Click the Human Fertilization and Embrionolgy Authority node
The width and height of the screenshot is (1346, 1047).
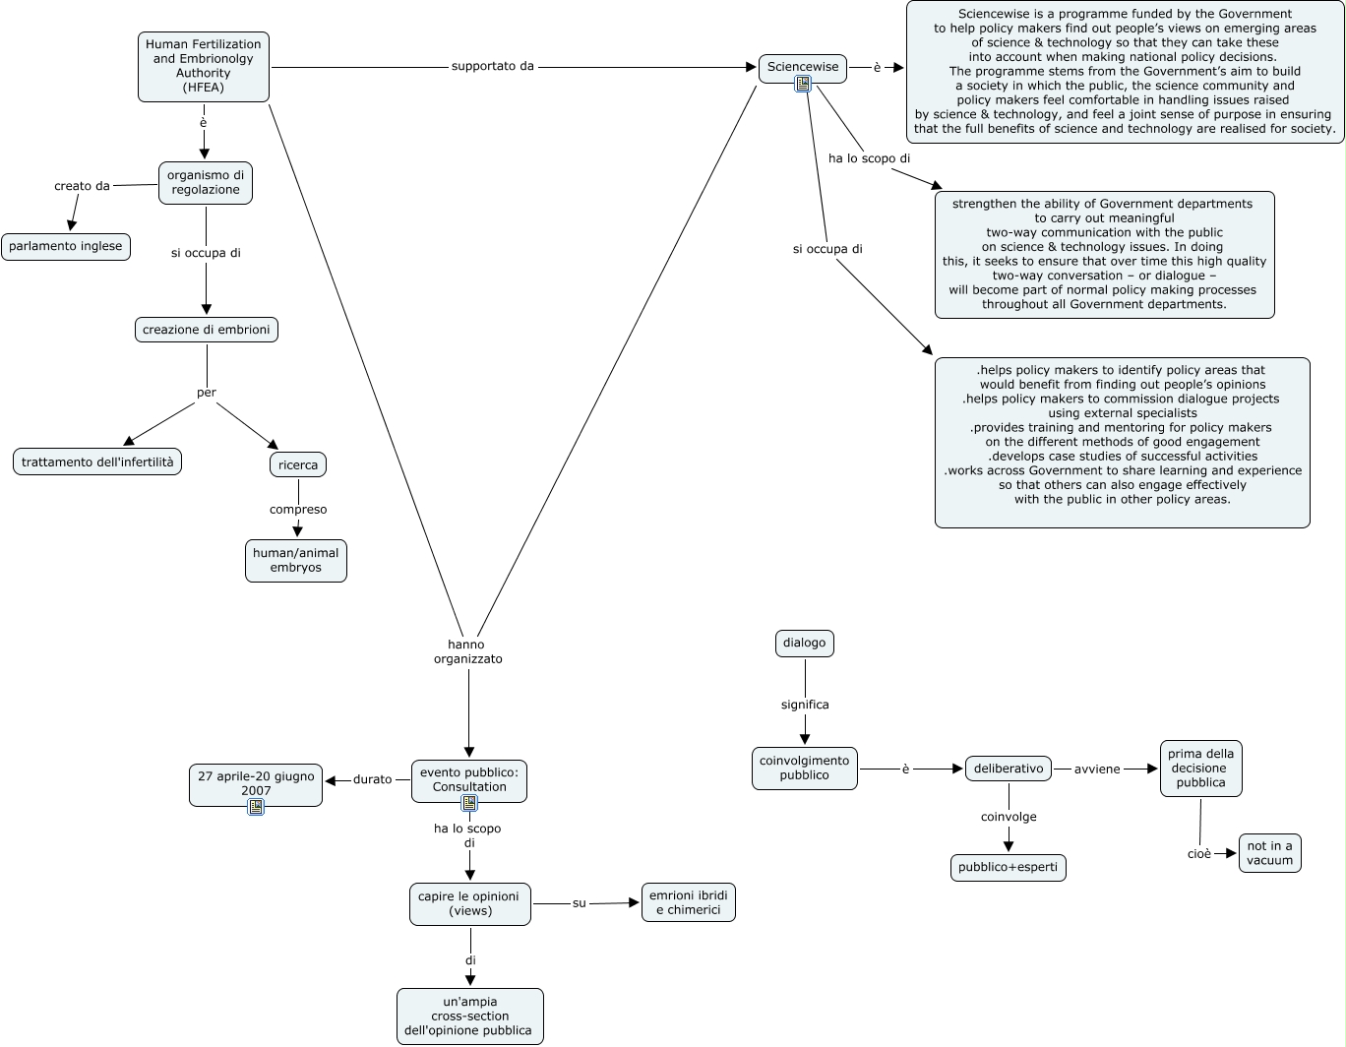coord(203,67)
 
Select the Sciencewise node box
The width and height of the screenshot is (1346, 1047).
coord(803,68)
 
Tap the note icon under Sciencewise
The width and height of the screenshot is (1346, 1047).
coord(803,84)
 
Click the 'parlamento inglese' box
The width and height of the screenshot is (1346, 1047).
coord(66,247)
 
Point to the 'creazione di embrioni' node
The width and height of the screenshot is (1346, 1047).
coord(207,330)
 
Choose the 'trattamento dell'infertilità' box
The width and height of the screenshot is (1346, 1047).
coord(97,462)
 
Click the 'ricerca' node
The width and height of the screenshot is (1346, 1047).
coord(298,464)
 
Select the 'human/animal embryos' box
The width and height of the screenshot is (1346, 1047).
coord(296,561)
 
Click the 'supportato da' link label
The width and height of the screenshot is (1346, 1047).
coord(492,66)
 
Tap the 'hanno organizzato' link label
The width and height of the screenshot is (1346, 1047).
coord(467,651)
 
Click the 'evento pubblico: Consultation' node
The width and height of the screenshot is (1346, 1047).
coord(469,781)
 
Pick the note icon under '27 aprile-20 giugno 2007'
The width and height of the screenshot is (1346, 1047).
coord(256,807)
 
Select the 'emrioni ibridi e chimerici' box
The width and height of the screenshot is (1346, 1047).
coord(689,902)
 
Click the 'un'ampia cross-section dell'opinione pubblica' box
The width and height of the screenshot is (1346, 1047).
coord(470,1016)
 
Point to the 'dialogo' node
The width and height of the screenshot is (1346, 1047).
coord(805,644)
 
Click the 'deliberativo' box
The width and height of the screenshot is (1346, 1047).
coord(1009,769)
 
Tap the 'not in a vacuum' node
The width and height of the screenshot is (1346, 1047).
coord(1270,853)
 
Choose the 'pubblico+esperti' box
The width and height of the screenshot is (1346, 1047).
coord(1009,867)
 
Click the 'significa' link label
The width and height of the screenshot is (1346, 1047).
coord(805,705)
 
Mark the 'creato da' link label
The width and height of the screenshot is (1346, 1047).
coord(82,186)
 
